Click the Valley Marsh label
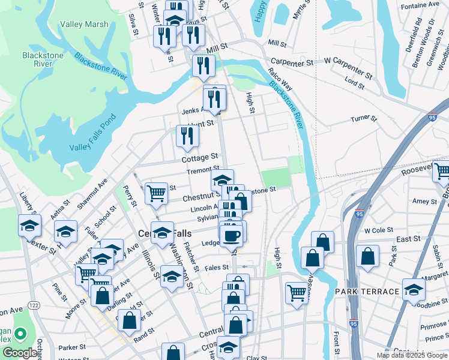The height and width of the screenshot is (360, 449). pos(84,25)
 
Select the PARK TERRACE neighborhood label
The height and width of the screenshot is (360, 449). pos(367,292)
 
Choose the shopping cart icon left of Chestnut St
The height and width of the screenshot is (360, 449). pos(156,193)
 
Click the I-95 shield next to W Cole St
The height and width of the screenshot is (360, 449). pos(360,214)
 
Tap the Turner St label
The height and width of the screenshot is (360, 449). pos(363,119)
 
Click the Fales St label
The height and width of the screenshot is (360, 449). pos(217,268)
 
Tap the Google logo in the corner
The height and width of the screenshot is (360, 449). pos(19,353)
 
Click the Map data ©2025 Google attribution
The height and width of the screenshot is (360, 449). pos(411,355)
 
